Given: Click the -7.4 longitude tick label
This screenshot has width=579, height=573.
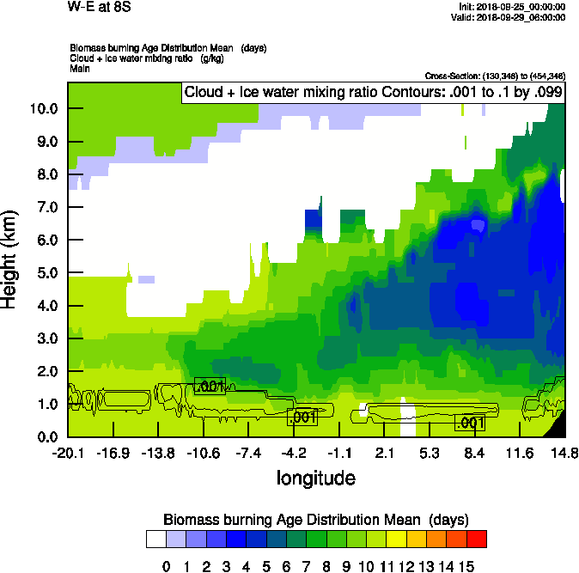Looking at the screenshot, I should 248,454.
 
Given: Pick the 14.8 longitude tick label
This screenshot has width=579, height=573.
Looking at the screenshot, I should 564,454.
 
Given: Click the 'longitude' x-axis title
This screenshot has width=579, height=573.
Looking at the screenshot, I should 315,477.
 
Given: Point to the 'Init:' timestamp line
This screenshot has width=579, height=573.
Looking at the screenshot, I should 513,7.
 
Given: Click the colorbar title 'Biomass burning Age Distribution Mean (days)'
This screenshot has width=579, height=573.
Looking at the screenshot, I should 316,520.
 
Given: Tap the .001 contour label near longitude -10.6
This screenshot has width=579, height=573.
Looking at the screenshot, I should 210,386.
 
